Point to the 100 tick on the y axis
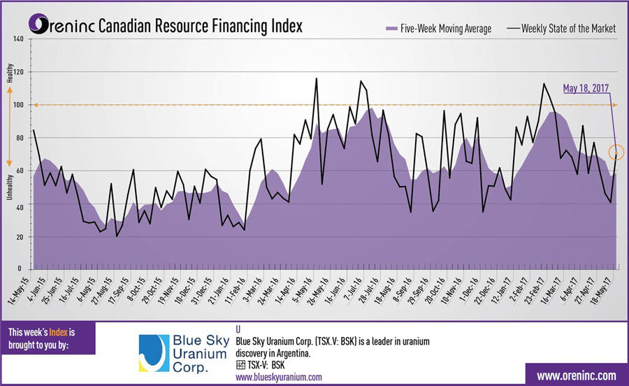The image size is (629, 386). coord(19,105)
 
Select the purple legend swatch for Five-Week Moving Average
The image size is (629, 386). coord(392,29)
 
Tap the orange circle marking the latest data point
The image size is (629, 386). coord(616,152)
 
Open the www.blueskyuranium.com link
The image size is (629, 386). coord(279,377)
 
